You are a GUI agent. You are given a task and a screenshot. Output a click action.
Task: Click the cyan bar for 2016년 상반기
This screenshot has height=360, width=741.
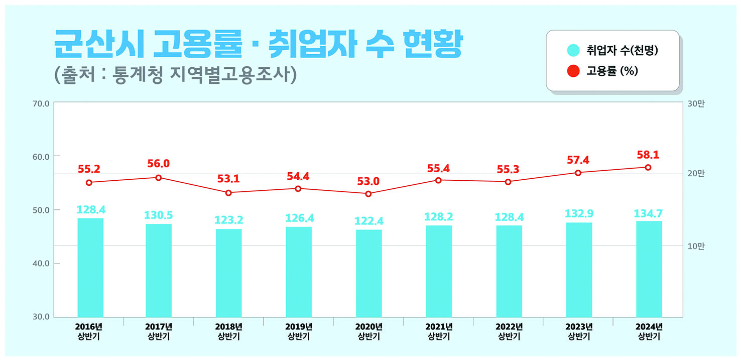coord(90,268)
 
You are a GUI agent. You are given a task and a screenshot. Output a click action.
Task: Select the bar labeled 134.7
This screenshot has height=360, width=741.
coord(649,269)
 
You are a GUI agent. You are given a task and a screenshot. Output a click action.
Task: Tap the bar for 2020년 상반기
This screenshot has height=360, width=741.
coord(369,273)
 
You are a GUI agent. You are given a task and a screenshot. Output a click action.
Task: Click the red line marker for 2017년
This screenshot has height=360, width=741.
coord(159,178)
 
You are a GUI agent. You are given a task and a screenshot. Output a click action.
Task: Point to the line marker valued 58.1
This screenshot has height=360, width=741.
coord(648,167)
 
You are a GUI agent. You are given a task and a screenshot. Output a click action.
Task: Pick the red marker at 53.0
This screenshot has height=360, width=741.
coord(368,194)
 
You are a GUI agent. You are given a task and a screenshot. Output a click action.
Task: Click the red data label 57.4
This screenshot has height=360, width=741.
coord(578,160)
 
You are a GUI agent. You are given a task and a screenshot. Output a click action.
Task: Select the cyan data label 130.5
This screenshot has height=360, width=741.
coord(159,215)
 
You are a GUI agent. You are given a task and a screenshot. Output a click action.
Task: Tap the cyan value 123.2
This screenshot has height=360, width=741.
coord(228,220)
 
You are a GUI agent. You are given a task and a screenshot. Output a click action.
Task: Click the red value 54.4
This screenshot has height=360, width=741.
coord(298,177)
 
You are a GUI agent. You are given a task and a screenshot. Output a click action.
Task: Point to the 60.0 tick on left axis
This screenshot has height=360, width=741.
coord(41,157)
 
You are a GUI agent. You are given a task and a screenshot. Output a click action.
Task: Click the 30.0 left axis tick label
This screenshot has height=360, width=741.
coord(41,317)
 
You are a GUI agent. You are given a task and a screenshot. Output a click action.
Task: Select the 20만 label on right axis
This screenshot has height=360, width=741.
coord(696,173)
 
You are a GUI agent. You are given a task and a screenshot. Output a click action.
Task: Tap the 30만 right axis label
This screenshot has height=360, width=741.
coord(696,104)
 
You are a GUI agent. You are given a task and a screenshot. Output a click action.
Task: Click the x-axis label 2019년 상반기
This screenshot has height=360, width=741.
coord(299,331)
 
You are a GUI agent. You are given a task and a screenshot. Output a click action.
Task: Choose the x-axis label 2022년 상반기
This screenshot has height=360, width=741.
coord(509,331)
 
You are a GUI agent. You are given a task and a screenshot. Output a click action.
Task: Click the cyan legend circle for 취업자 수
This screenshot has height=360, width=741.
coord(573,50)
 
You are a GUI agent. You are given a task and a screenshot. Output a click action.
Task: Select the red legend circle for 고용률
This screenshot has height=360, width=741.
coord(573,71)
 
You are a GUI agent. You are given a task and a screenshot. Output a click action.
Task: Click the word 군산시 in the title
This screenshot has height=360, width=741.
coord(99,44)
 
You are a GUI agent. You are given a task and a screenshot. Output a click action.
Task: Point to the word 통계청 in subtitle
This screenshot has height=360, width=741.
coord(138,75)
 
